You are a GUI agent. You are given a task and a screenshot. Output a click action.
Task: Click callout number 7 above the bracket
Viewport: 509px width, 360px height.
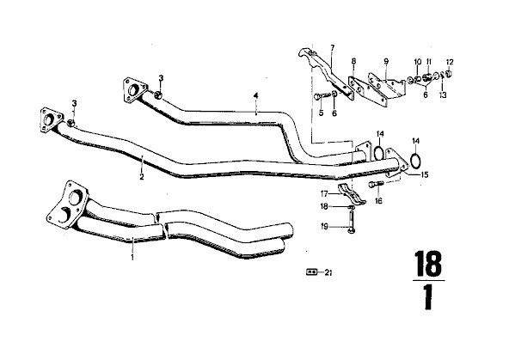pyautogui.click(x=332, y=48)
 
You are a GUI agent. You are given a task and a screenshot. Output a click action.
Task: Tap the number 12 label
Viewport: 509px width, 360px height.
pyautogui.click(x=450, y=62)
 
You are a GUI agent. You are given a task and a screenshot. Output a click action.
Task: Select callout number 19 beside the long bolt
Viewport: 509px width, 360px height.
pyautogui.click(x=324, y=226)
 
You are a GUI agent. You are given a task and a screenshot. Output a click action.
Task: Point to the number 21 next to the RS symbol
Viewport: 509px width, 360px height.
pyautogui.click(x=328, y=273)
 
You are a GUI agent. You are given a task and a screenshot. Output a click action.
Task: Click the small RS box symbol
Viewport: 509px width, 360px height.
pyautogui.click(x=311, y=272)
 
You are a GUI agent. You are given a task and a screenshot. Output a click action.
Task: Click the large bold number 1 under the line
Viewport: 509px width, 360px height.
pyautogui.click(x=428, y=298)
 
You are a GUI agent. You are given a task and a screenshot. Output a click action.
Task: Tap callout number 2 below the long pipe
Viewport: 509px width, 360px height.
pyautogui.click(x=142, y=177)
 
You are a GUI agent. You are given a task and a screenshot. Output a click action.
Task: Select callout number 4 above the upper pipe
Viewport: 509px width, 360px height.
pyautogui.click(x=256, y=95)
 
